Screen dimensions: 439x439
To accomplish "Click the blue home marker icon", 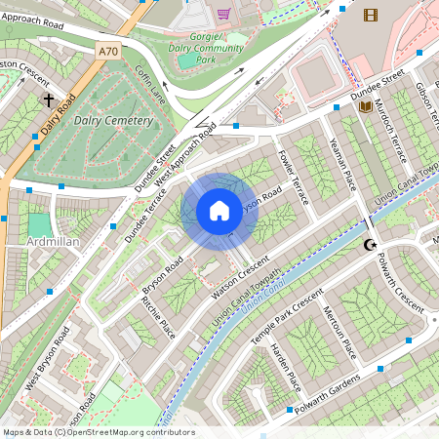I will tap(219, 210).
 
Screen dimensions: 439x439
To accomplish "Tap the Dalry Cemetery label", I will tap(113, 121).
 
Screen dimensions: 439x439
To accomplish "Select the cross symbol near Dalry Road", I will tap(48, 100).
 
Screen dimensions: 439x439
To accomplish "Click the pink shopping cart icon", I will tap(224, 14).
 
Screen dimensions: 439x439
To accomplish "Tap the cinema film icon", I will tap(370, 14).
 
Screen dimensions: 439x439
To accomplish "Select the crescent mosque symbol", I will tap(370, 245).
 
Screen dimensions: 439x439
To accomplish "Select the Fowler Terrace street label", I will tap(294, 177).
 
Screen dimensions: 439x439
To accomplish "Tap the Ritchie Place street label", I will tap(159, 319).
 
